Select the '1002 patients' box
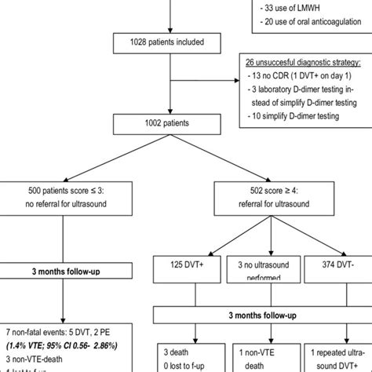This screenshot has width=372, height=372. click(166, 124)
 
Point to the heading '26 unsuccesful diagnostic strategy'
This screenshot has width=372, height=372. click(303, 62)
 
